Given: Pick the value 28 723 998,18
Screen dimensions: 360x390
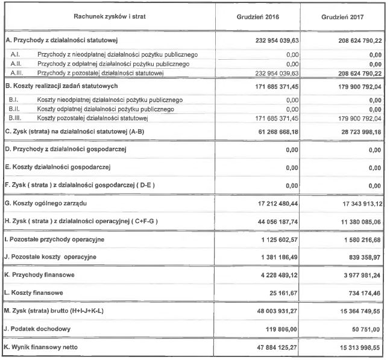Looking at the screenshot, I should (x=354, y=131).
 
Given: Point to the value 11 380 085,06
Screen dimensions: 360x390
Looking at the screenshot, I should (x=354, y=222).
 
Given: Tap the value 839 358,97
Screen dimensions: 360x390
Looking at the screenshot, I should (x=359, y=257).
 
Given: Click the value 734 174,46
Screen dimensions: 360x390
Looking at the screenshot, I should (x=359, y=294).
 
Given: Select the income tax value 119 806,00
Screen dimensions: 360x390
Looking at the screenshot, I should (x=280, y=330).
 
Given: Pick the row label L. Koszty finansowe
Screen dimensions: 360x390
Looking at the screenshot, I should (x=35, y=294).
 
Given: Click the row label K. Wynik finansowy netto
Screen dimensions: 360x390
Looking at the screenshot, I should (x=43, y=349).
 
